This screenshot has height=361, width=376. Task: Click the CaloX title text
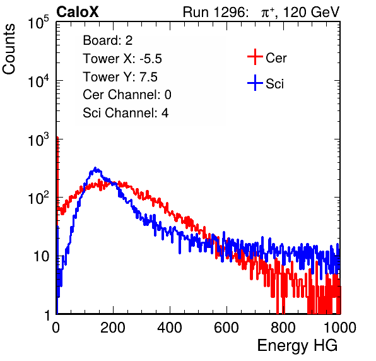pos(77,12)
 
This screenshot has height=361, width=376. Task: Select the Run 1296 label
pos(215,12)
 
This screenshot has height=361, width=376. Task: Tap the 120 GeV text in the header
pos(311,12)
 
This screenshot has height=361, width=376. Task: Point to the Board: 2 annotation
pos(108,40)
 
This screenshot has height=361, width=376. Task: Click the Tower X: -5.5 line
pos(122,59)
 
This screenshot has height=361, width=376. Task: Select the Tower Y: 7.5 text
pos(120,77)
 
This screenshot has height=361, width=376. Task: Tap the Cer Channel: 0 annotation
pos(127,95)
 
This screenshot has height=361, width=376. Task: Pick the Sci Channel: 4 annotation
pos(126,112)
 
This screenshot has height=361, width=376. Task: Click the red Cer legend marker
pos(255,57)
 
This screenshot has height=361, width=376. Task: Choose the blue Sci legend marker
pos(255,83)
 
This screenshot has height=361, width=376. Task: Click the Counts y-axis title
pos(9,49)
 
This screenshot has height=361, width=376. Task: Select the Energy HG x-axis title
pos(297,346)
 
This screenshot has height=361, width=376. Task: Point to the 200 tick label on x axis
pos(113,328)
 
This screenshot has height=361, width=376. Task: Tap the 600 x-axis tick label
pos(226,328)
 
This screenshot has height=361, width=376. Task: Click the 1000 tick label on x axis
pos(340,328)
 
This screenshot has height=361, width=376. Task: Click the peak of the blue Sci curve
pos(95,169)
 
